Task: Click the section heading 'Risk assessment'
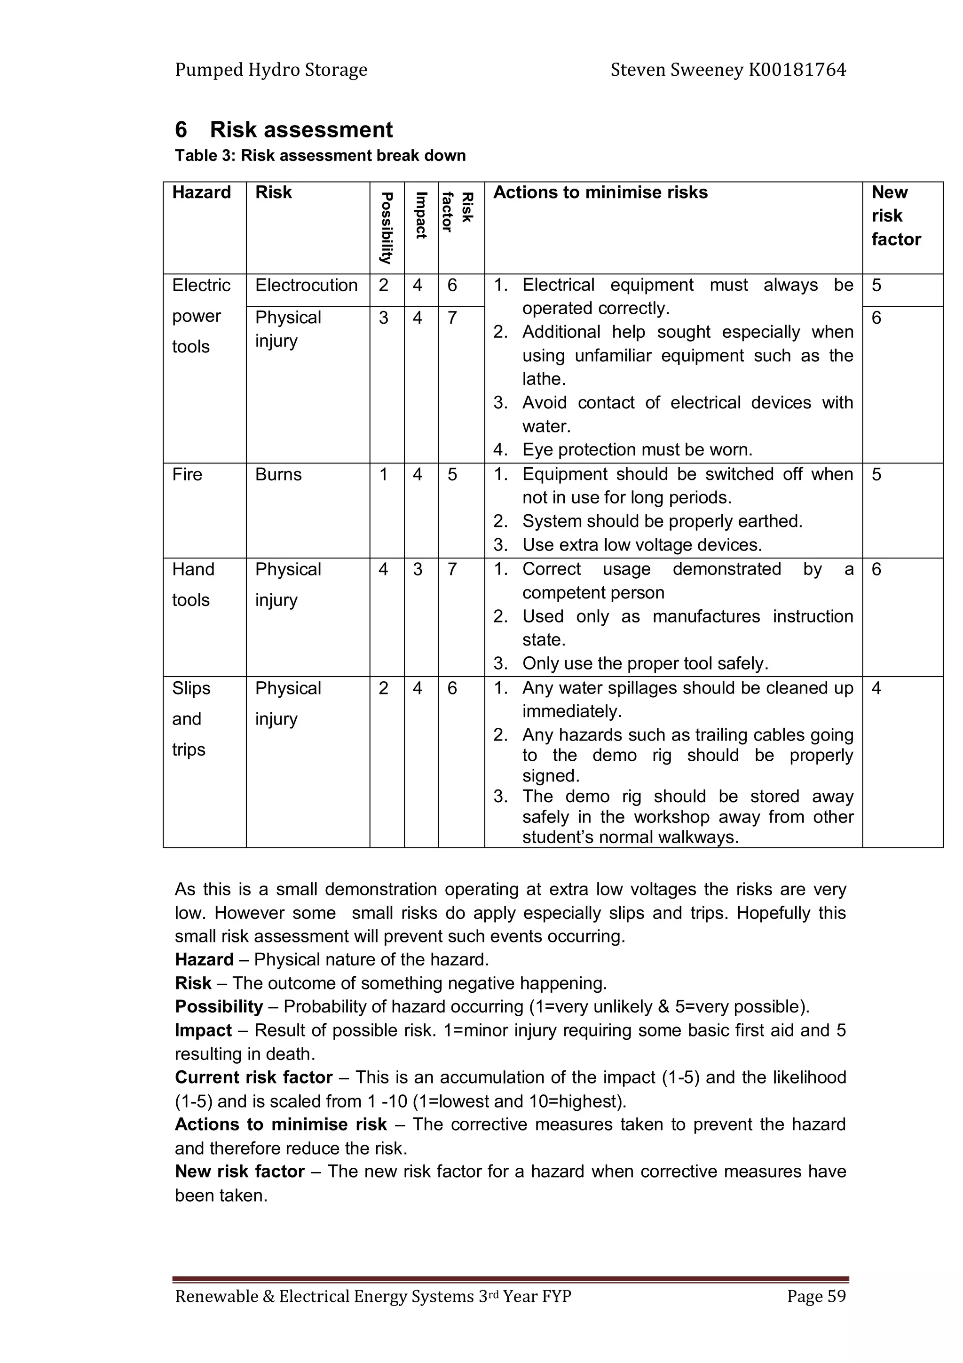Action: coord(301,129)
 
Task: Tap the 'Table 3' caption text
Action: coord(320,156)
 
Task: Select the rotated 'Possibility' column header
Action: coord(386,228)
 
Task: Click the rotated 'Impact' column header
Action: coord(421,215)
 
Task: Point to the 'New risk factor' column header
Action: coord(895,215)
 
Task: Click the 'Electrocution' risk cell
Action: coord(306,286)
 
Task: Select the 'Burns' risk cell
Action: coord(278,475)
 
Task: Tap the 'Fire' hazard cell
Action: coord(187,475)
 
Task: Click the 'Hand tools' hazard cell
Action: coord(192,584)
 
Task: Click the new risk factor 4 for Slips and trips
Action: coord(876,689)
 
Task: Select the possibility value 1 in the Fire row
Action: coord(383,475)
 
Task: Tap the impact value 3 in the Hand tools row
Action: coord(418,570)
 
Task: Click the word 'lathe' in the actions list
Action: coord(542,379)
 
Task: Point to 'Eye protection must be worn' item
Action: coord(637,450)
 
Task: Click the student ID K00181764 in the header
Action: coord(797,70)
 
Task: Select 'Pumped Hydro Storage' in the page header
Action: coord(271,70)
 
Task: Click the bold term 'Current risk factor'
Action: coord(253,1077)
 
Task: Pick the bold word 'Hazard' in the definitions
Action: coord(204,960)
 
